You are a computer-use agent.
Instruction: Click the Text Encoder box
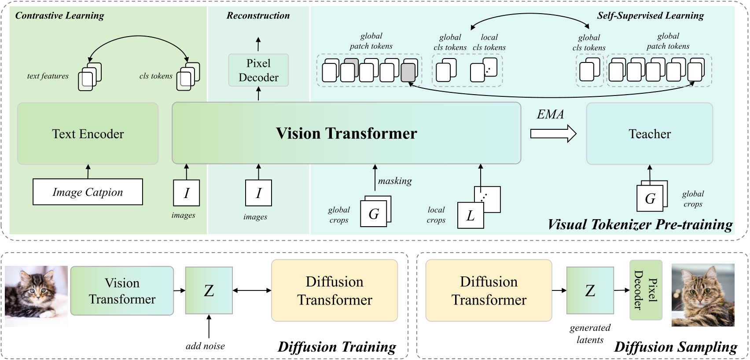(88, 134)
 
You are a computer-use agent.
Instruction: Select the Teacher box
(649, 134)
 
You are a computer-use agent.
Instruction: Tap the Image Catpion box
(88, 192)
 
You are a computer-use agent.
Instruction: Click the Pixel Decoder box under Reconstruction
(258, 70)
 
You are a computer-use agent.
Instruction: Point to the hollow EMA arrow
(553, 133)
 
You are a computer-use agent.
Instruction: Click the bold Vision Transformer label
(346, 133)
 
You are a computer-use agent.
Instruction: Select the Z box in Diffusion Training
(209, 290)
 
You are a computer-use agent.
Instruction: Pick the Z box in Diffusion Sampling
(590, 290)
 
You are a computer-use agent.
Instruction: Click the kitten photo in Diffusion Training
(37, 296)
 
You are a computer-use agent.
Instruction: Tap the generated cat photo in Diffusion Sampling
(703, 295)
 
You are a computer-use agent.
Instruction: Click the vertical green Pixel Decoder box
(646, 290)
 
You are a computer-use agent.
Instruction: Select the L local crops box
(471, 216)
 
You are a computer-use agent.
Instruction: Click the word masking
(395, 181)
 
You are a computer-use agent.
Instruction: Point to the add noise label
(205, 346)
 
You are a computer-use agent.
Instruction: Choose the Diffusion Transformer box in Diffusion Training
(335, 290)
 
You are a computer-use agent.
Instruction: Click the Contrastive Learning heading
(60, 16)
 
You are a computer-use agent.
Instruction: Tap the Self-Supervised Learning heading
(650, 16)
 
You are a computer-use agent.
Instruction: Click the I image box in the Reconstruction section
(258, 193)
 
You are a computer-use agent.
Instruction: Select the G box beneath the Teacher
(650, 198)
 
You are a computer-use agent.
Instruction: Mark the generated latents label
(590, 334)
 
